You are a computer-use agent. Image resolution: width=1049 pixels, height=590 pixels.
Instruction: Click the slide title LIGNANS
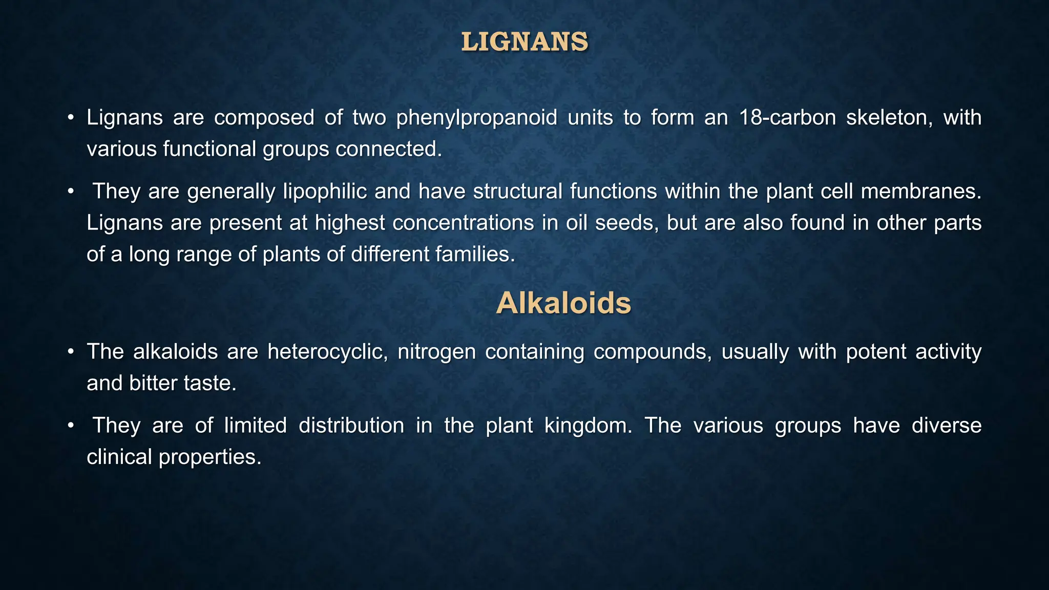[524, 42]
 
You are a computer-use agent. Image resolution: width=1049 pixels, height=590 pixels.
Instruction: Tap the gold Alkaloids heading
[563, 303]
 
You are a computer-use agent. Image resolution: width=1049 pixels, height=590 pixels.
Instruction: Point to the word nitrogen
[436, 352]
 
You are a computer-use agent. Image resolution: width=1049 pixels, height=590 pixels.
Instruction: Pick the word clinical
[118, 457]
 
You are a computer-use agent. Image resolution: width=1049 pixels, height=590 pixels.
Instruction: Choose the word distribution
[351, 426]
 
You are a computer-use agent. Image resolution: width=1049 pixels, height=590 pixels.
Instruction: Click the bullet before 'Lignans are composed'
[71, 118]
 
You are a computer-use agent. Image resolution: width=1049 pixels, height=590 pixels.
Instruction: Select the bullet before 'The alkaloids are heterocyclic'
[71, 352]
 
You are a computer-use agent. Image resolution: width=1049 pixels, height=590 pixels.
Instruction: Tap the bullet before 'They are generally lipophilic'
[71, 192]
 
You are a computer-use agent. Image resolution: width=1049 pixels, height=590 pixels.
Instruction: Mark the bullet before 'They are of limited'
[71, 426]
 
